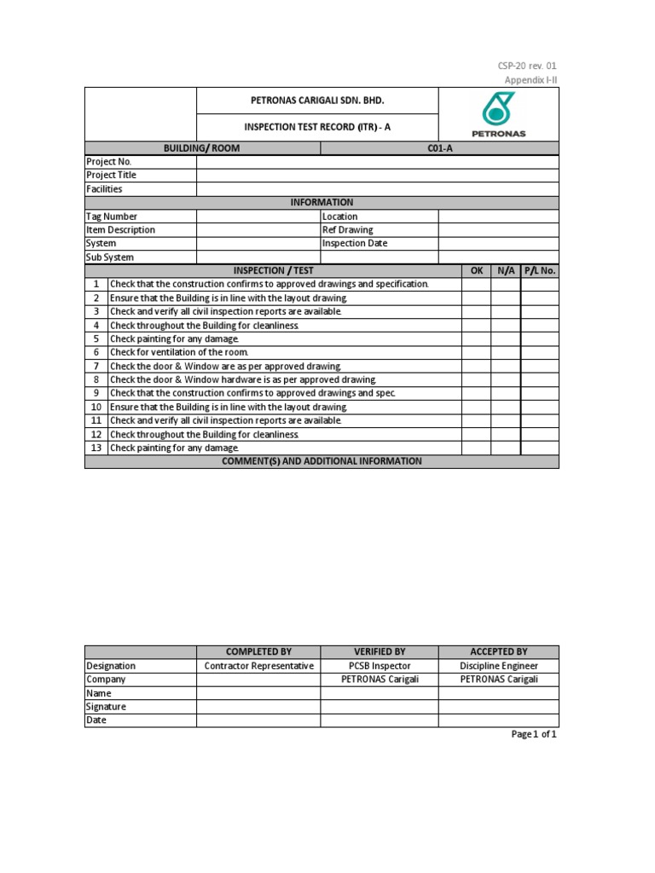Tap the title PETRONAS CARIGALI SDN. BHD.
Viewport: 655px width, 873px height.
(317, 101)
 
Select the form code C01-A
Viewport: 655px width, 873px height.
(439, 148)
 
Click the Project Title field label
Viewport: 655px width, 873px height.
(111, 176)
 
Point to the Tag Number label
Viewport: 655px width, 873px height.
(112, 217)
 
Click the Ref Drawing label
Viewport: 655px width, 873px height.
(348, 230)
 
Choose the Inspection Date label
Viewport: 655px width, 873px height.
(355, 244)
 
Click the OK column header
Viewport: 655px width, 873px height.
(477, 270)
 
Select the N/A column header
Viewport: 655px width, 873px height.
(506, 270)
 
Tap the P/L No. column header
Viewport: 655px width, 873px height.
(540, 270)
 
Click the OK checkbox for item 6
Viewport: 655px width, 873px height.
(477, 352)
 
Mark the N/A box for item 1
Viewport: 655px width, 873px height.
(506, 284)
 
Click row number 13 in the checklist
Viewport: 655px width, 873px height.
(96, 448)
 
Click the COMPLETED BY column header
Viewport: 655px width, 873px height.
(258, 652)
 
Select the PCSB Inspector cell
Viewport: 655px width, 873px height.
(380, 666)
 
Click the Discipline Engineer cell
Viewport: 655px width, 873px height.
(499, 666)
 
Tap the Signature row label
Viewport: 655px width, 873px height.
(106, 707)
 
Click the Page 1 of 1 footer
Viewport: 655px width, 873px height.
(533, 734)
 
